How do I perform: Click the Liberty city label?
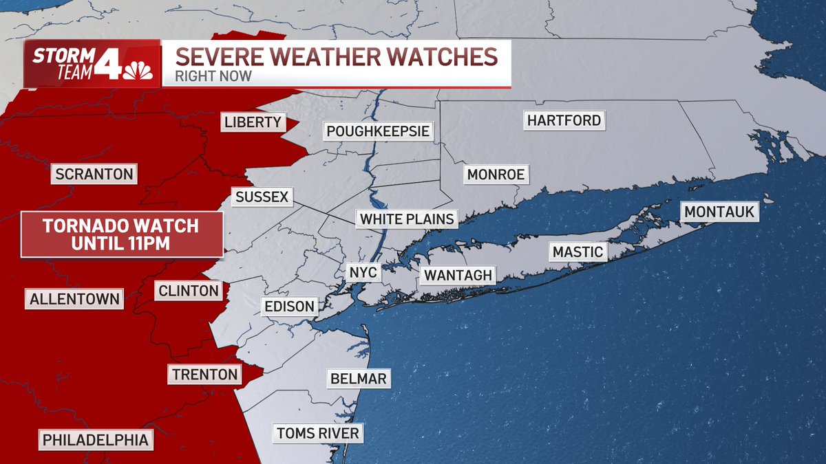pos(253,122)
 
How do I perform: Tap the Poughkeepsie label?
pos(378,131)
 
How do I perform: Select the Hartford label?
pos(564,120)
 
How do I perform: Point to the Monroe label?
pos(496,175)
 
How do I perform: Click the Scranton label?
pos(94,174)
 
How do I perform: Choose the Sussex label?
pos(261,197)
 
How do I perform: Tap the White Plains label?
pos(407,219)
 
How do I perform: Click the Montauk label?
pos(719,211)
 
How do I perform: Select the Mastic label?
pos(578,252)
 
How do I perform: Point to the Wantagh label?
pos(458,276)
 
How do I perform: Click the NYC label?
pos(363,272)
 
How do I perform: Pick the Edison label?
pos(289,306)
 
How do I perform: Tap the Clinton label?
pos(188,291)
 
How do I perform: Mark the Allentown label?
pos(75,299)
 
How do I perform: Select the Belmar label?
pos(358,378)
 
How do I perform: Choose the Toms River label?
pos(317,433)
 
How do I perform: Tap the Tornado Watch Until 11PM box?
pos(122,234)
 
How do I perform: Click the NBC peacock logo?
pos(137,70)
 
